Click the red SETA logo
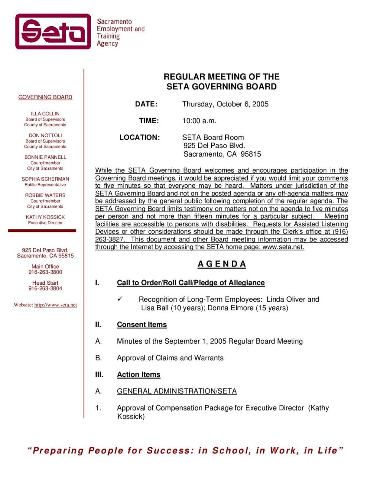(53, 32)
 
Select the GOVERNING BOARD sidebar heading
(45, 97)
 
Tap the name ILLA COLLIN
(45, 114)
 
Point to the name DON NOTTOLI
(45, 135)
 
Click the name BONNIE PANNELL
(45, 157)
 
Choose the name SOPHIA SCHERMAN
(45, 179)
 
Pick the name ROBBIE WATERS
(45, 195)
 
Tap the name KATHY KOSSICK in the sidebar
(45, 217)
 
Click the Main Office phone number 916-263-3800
(45, 272)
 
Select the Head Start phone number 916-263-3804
(45, 289)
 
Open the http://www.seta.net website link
(55, 305)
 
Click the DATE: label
(146, 104)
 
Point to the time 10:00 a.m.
(199, 121)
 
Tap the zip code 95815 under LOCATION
(251, 154)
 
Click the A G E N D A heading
(222, 264)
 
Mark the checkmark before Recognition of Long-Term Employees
(120, 299)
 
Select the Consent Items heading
(142, 325)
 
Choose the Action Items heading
(139, 374)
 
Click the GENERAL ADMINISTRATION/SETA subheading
(177, 391)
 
